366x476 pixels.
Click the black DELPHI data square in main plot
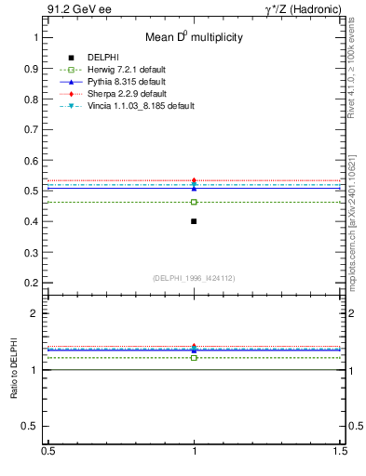(194, 221)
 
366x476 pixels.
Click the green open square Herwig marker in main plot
(194, 202)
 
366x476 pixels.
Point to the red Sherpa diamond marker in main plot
(194, 180)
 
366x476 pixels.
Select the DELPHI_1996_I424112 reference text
(194, 278)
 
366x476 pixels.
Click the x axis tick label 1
(194, 452)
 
